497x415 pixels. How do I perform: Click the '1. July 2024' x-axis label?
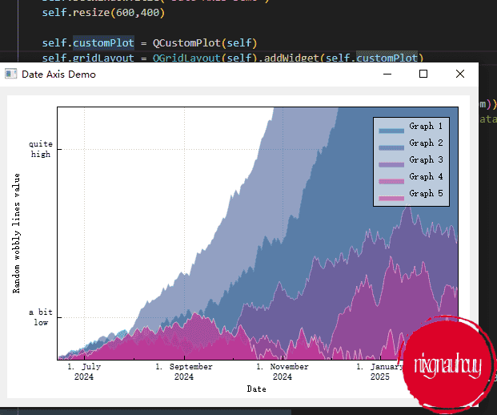(x=84, y=372)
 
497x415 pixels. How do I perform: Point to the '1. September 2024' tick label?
(x=184, y=372)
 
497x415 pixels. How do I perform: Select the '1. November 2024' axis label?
(x=282, y=372)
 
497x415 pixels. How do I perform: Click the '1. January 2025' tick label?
(x=379, y=372)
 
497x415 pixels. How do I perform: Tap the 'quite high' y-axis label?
(x=41, y=149)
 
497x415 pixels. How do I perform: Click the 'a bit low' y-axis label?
(x=41, y=317)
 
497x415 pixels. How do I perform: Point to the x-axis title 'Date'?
(x=257, y=389)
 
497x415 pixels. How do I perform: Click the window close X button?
(x=459, y=74)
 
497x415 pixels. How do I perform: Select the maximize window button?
(x=423, y=74)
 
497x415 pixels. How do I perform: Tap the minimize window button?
(x=387, y=74)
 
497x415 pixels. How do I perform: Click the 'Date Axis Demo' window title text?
(x=58, y=75)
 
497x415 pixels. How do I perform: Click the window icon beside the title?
(x=11, y=74)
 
